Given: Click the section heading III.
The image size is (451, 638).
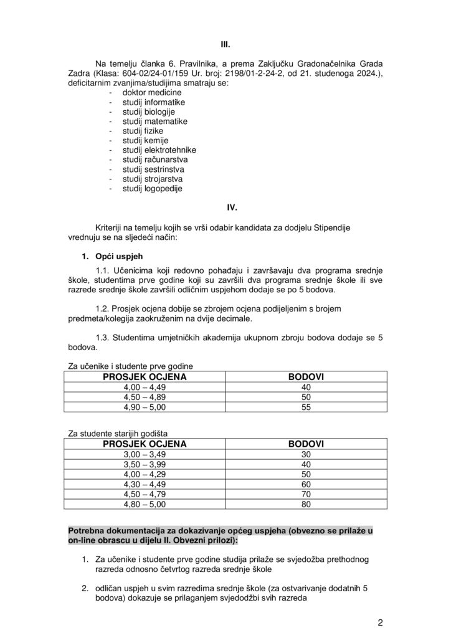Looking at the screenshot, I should click(225, 45).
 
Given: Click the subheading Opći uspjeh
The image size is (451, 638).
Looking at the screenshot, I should click(113, 257).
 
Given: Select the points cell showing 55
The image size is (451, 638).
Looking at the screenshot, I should click(306, 407).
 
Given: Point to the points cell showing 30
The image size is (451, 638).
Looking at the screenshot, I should click(306, 454).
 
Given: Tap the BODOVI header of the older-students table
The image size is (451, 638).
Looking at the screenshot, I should click(306, 444).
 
